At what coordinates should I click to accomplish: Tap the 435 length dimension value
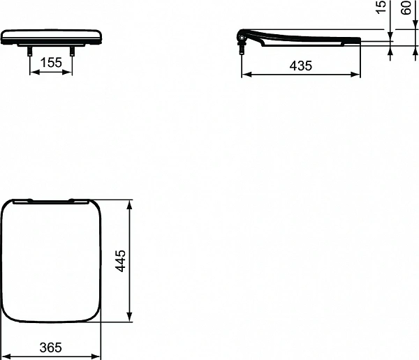[300, 65]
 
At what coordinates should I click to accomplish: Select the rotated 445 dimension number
[120, 262]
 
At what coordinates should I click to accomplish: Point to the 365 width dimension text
[51, 347]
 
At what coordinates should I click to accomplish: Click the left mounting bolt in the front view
[30, 50]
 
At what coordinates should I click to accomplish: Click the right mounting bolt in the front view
[73, 50]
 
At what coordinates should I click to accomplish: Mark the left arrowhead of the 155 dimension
[32, 72]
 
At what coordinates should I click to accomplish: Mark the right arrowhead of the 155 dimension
[71, 72]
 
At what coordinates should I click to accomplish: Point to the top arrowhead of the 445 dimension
[130, 204]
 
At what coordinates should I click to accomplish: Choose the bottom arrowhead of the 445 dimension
[130, 320]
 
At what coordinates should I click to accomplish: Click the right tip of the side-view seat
[360, 40]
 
